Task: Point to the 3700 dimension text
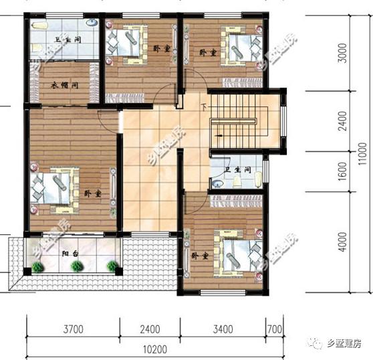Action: coord(73,329)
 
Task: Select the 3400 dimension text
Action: coord(223,329)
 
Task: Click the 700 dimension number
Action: coord(273,329)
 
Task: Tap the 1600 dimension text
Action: coord(342,175)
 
